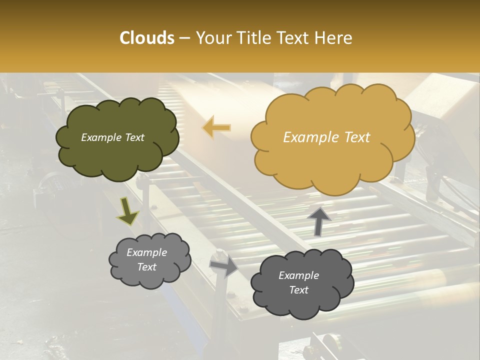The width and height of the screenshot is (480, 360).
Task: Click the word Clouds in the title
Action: click(x=147, y=38)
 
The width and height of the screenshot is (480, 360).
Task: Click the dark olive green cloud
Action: click(x=117, y=157)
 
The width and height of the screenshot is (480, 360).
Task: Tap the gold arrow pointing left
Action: click(x=217, y=128)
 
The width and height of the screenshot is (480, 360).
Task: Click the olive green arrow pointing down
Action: click(x=128, y=212)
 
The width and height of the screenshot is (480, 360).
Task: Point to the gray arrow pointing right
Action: click(x=224, y=265)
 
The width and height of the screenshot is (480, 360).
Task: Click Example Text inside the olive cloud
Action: click(x=112, y=137)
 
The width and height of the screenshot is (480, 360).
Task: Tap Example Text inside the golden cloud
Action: click(x=326, y=137)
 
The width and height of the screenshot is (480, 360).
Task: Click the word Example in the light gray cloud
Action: click(x=146, y=252)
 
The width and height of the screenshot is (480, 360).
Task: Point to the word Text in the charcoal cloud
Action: click(x=298, y=290)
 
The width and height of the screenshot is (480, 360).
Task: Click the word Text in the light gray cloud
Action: click(x=146, y=267)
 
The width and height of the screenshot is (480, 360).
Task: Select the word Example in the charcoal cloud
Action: click(x=298, y=275)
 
